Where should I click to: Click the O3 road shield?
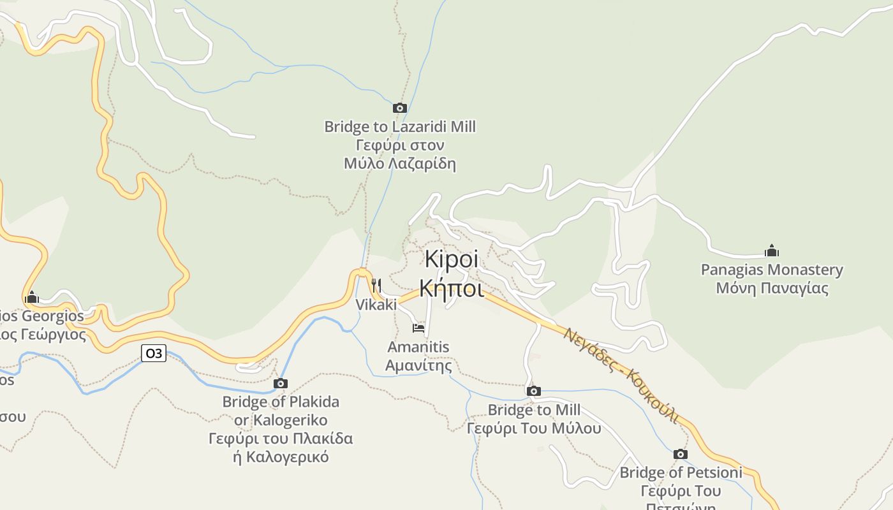click(154, 353)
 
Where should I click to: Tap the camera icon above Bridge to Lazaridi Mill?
click(400, 108)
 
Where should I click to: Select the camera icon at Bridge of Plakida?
click(281, 383)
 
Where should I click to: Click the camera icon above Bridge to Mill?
click(534, 391)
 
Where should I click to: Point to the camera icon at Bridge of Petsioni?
click(681, 454)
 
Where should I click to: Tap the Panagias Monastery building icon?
click(772, 251)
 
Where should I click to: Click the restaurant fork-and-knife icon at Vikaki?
click(376, 285)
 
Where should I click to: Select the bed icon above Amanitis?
click(418, 328)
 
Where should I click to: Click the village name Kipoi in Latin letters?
click(452, 260)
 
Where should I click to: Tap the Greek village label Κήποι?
click(452, 289)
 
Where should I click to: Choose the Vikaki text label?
click(376, 305)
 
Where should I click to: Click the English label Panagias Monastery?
click(772, 270)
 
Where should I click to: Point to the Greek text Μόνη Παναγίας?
click(772, 288)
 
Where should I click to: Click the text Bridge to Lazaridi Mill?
click(400, 126)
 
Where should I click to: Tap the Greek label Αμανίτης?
click(418, 366)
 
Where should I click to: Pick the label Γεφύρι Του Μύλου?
click(534, 428)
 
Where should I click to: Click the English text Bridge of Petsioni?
click(681, 472)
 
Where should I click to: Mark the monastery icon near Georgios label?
click(32, 297)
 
